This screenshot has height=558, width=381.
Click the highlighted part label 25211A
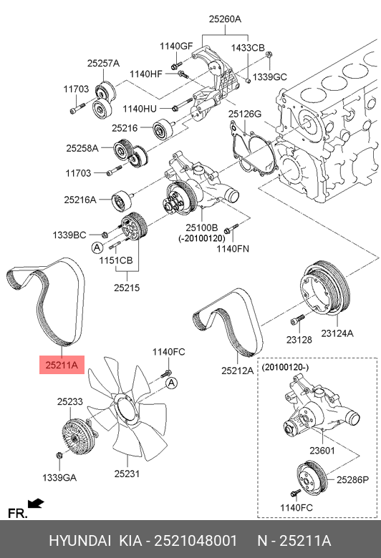(62, 365)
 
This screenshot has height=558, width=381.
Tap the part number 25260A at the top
(225, 19)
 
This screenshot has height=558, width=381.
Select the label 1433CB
(248, 48)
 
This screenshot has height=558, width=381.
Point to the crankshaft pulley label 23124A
(337, 333)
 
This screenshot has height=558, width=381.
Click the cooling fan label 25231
(127, 474)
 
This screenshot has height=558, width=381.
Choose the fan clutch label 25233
(70, 401)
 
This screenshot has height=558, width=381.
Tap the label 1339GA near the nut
(59, 478)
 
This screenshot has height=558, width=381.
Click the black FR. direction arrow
(36, 504)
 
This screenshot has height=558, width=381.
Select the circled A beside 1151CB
(97, 248)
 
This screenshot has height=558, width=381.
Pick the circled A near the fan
(172, 383)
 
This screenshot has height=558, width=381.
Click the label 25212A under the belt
(237, 371)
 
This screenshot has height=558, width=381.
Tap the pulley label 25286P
(353, 480)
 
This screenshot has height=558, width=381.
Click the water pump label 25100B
(201, 227)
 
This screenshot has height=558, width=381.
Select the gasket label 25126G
(245, 114)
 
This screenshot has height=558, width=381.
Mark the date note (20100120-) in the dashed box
(285, 367)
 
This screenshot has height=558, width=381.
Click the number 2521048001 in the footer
(196, 541)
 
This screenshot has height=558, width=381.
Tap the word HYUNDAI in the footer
(79, 541)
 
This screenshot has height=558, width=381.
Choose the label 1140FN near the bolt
(233, 249)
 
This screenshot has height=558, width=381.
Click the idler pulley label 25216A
(80, 200)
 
